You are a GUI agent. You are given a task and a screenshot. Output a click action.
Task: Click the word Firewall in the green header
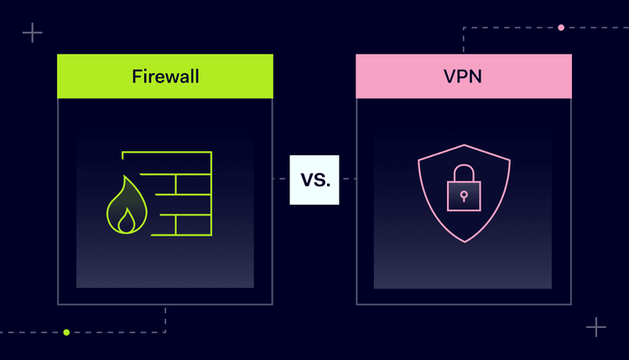click(165, 76)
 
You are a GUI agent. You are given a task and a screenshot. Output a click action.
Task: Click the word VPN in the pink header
click(464, 76)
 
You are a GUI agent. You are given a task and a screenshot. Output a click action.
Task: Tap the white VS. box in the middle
click(314, 180)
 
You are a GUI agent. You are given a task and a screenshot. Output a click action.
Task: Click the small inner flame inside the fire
click(126, 221)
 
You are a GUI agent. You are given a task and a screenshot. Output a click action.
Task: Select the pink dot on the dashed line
click(561, 28)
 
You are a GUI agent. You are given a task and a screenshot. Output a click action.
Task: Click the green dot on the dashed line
click(67, 332)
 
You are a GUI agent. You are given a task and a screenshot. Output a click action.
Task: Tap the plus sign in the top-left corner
click(33, 33)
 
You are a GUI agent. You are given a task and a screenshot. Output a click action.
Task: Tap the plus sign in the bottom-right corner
click(596, 326)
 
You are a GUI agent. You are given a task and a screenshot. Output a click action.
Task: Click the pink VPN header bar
click(537, 76)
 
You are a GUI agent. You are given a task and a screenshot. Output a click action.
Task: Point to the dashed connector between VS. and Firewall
click(281, 180)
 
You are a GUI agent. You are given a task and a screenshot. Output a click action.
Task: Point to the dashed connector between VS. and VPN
click(348, 180)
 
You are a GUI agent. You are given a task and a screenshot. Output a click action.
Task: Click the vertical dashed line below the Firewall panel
click(165, 319)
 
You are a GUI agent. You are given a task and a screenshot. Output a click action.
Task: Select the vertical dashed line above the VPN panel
click(464, 40)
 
